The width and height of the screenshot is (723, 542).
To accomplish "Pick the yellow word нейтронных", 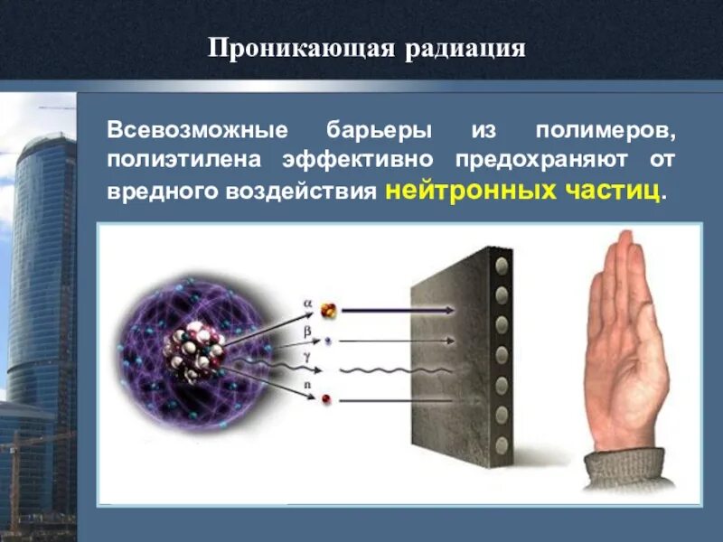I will point(469,192).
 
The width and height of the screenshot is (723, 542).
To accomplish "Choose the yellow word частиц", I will point(615,192).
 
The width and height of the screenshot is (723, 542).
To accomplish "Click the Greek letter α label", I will point(307,304).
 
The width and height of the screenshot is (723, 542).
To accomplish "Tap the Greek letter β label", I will point(307,332).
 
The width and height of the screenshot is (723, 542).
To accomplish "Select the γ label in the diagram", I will point(307,360).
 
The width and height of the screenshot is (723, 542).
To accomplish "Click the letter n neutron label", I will point(307,386).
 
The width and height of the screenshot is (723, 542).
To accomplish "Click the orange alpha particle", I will point(330,311).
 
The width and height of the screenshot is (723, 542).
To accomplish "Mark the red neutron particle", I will point(326,398).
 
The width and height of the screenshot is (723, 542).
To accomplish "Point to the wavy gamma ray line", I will point(398,369).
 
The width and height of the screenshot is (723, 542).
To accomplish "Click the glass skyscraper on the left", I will point(41,271).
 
